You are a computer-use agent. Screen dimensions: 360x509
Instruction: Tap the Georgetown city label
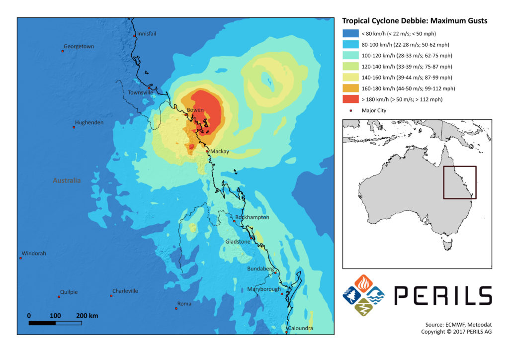point(79,46)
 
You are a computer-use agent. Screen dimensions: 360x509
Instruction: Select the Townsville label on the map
point(141,92)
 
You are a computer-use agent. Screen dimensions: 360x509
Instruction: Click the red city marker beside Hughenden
point(74,127)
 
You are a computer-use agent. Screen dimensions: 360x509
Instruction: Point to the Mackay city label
point(219,152)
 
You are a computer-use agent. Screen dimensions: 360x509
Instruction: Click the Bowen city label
point(195,110)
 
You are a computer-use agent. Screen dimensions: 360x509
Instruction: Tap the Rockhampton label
point(253,217)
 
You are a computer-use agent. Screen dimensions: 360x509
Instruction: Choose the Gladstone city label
point(238,242)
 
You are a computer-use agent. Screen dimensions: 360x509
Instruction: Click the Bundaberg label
point(260,269)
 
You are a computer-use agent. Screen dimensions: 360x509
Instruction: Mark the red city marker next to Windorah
point(20,258)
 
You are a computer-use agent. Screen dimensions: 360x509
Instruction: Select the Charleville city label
point(125,291)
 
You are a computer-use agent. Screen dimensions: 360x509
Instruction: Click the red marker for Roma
point(176,308)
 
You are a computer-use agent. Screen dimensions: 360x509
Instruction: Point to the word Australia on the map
point(67,180)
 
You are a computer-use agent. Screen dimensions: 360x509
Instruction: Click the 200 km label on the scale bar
point(87,316)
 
